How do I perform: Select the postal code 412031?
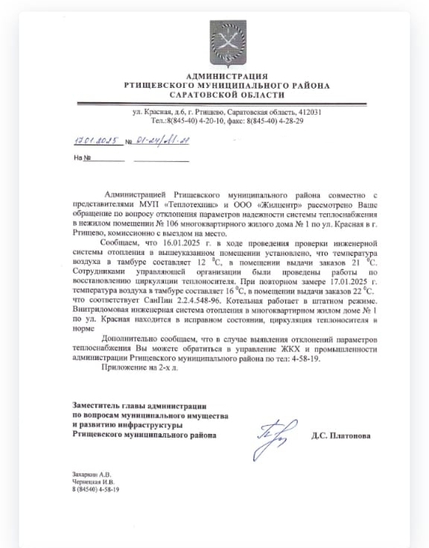coord(308,112)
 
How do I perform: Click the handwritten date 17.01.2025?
coord(98,140)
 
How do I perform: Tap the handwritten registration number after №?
coord(163,140)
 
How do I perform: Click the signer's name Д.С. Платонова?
coord(340,435)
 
